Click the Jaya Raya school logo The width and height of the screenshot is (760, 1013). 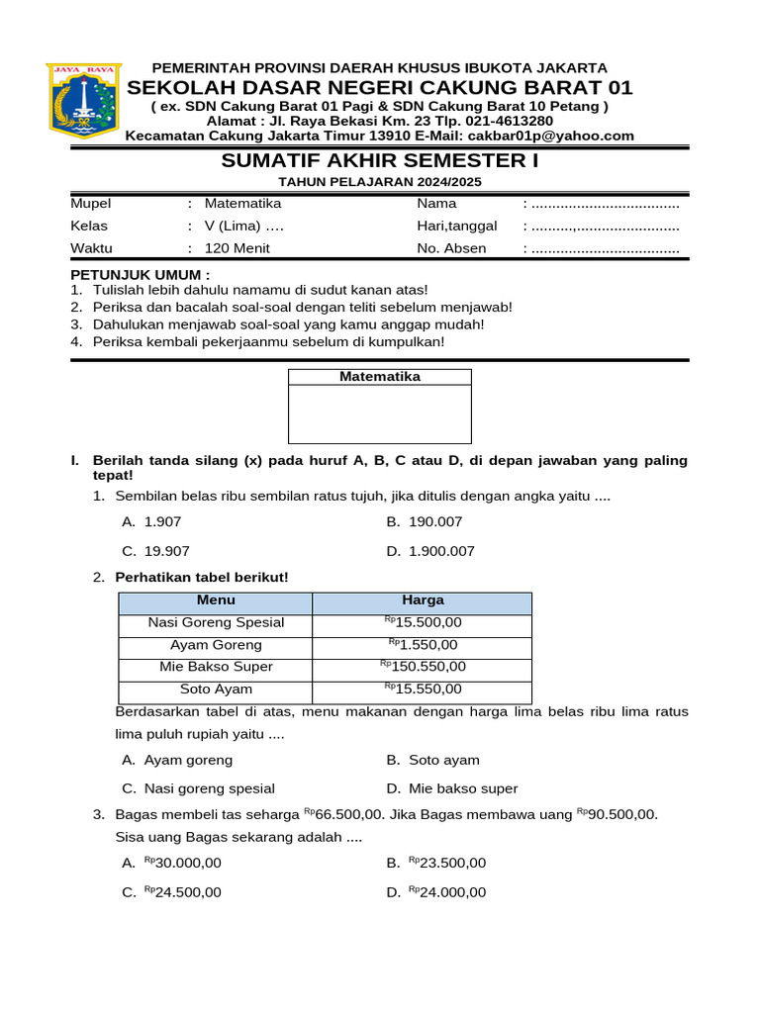click(83, 100)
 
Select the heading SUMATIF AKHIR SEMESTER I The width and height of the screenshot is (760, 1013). click(379, 161)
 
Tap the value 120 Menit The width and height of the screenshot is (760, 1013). click(237, 248)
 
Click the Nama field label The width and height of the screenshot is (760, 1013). click(436, 203)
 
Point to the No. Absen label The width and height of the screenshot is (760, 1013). click(451, 248)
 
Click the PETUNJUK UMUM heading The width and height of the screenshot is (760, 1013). click(140, 273)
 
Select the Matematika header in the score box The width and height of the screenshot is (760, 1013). click(380, 377)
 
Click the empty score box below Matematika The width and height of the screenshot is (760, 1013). click(380, 414)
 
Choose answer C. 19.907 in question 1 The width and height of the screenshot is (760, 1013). click(156, 551)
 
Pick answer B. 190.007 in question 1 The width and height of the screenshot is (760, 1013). click(425, 521)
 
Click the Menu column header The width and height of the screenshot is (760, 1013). click(216, 600)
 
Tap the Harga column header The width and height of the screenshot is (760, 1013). click(423, 600)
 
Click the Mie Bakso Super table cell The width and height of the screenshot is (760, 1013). click(216, 667)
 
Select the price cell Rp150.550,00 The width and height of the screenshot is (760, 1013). click(423, 667)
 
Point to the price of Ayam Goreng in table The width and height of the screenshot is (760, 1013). click(423, 645)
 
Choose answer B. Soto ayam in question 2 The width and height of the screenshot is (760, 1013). click(433, 760)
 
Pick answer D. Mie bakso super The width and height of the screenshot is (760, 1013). click(452, 788)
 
